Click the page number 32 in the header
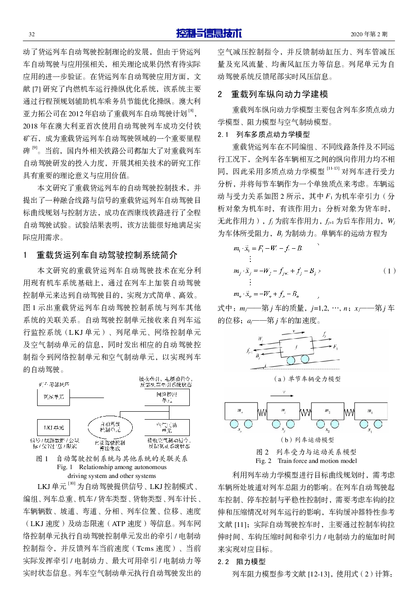(x=32, y=34)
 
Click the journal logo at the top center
(x=209, y=33)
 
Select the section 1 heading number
(x=25, y=255)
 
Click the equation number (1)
(x=389, y=271)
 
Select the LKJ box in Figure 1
(x=54, y=427)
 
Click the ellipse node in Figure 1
(x=110, y=427)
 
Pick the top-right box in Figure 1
(x=167, y=397)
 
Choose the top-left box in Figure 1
(x=54, y=397)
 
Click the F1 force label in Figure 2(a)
(x=335, y=347)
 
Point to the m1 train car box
(x=371, y=411)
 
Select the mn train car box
(x=241, y=411)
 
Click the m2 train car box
(x=327, y=411)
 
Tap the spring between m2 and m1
(x=349, y=413)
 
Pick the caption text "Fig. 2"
(x=263, y=461)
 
